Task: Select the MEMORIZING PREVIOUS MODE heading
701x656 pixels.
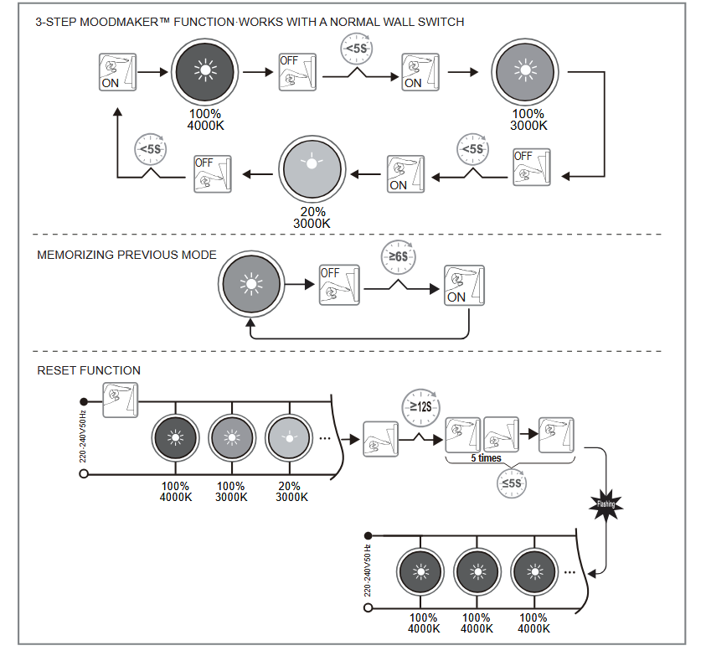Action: (x=126, y=255)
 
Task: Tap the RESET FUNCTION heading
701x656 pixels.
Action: (x=89, y=370)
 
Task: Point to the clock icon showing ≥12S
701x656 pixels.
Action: (x=420, y=406)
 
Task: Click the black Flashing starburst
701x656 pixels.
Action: (x=606, y=504)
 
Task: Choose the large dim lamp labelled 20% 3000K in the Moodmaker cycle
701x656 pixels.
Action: (x=312, y=165)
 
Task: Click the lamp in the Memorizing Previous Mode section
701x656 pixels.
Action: (x=250, y=284)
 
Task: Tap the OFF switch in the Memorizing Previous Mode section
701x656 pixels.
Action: (x=338, y=283)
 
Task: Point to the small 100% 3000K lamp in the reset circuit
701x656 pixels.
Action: (x=231, y=437)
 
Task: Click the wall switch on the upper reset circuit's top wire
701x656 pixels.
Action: (x=121, y=399)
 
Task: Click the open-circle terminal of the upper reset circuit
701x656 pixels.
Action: (x=84, y=474)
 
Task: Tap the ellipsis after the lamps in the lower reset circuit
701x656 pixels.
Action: (x=570, y=572)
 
